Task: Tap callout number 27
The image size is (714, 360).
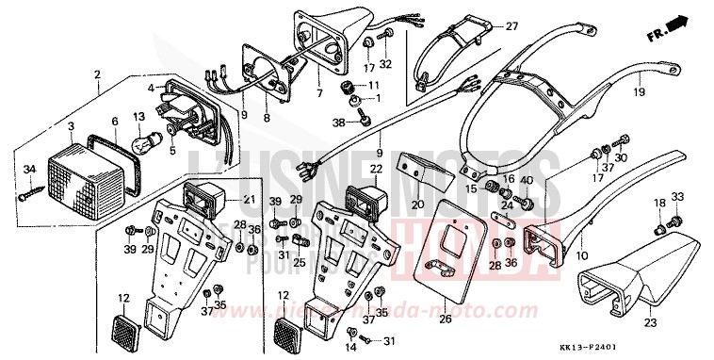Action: [512, 25]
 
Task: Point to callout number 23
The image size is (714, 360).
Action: [651, 323]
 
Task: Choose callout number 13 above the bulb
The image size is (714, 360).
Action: [138, 116]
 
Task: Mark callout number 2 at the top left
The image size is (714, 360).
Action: [96, 74]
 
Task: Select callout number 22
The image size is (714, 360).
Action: [374, 170]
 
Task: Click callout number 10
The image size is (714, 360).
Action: [580, 255]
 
